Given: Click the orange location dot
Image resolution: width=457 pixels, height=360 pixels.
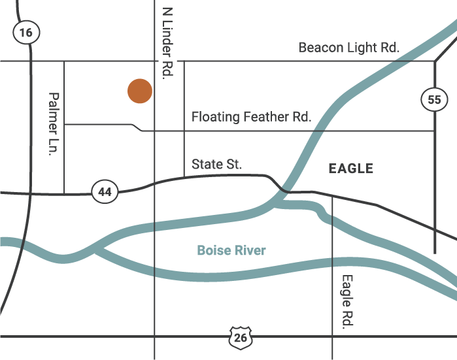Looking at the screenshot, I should click(139, 91).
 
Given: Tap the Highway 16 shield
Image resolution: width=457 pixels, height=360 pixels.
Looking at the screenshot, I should click(26, 32).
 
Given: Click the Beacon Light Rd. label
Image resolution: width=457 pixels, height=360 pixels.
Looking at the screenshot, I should click(348, 48).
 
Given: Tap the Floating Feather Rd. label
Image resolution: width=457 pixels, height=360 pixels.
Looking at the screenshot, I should click(251, 117).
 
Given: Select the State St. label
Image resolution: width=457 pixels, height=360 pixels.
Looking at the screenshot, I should click(217, 165).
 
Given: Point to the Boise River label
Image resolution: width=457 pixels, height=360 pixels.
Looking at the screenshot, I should click(231, 250).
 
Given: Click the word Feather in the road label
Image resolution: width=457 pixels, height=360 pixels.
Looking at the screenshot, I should click(265, 117).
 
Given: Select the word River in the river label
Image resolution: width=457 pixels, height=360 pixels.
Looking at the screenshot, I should click(251, 250).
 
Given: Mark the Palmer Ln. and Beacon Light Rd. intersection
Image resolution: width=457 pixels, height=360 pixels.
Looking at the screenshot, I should click(64, 61).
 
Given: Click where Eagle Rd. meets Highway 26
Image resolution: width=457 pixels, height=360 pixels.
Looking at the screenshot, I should click(333, 336).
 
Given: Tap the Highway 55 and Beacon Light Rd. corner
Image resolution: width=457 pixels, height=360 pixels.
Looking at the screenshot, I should click(435, 61).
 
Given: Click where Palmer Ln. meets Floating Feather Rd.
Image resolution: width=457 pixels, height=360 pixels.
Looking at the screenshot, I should click(64, 123).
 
